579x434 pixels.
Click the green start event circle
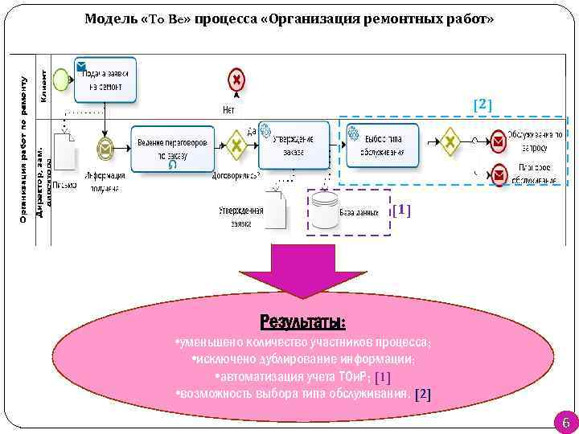[60, 78]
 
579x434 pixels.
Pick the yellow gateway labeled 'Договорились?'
[236, 145]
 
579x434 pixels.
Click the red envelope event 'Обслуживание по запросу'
[499, 143]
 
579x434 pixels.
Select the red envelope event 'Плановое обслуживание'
[499, 174]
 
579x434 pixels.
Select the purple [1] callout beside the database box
[401, 211]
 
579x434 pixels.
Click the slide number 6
[564, 423]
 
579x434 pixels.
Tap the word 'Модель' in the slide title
[109, 18]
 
